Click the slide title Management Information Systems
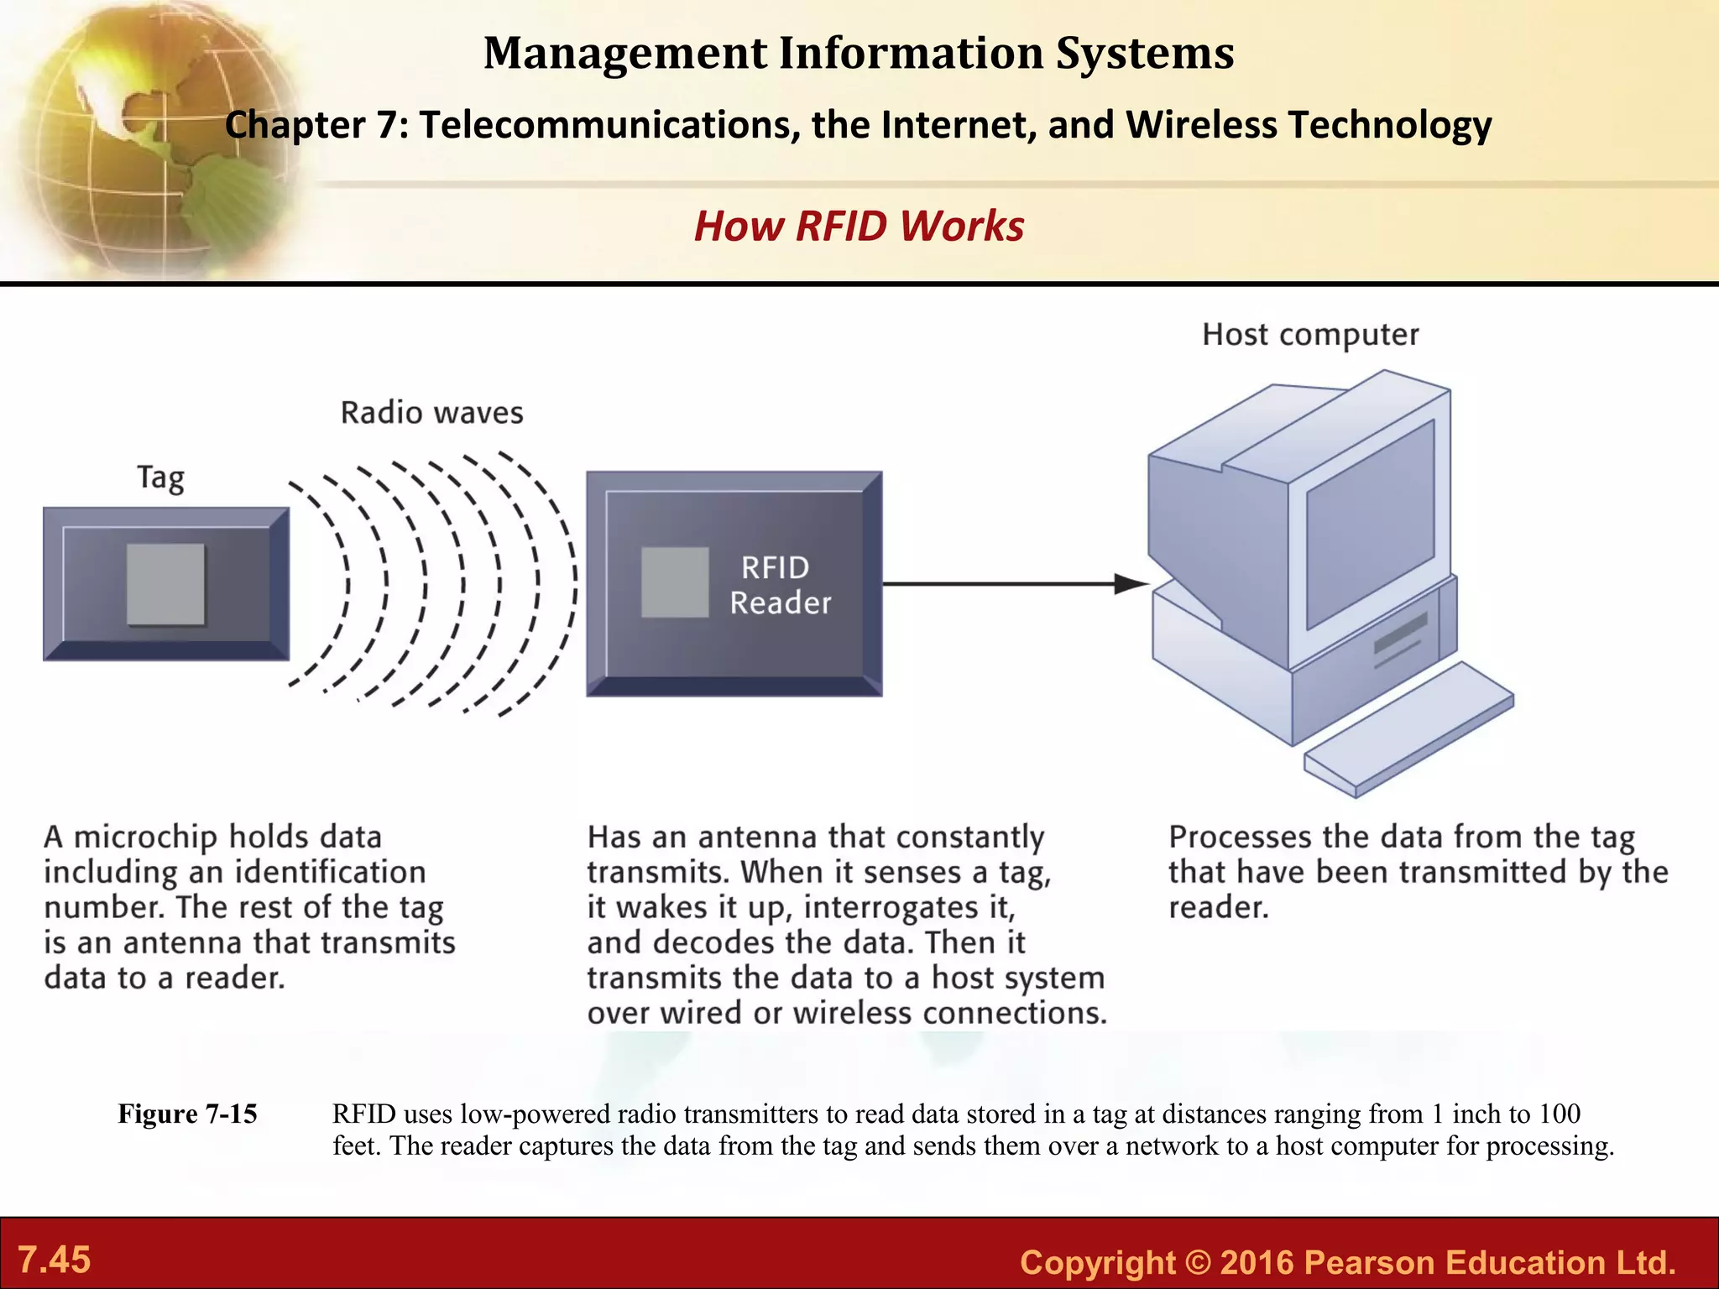pos(859,53)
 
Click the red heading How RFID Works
pos(859,226)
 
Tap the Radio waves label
pos(431,413)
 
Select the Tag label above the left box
pos(160,478)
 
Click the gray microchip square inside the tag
pos(165,584)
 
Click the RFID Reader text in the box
pos(779,585)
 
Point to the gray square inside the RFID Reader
pos(675,582)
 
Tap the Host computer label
pos(1310,334)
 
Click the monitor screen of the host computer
pos(1369,524)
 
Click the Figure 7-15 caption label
pos(187,1114)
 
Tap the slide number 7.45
pos(54,1260)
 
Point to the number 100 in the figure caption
pos(1559,1114)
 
